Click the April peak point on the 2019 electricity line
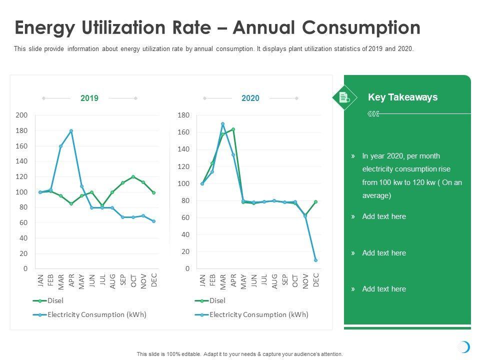[71, 131]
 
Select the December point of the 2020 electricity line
[315, 260]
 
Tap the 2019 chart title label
[89, 98]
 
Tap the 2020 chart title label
[250, 98]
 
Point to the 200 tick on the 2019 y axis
[22, 115]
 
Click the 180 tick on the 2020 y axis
[183, 115]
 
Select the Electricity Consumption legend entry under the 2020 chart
[258, 314]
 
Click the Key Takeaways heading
[402, 97]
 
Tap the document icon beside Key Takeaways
[344, 97]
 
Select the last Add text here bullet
[384, 289]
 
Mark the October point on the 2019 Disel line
[133, 176]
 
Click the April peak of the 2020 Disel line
[233, 129]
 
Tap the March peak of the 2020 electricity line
[222, 124]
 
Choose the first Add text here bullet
[384, 216]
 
